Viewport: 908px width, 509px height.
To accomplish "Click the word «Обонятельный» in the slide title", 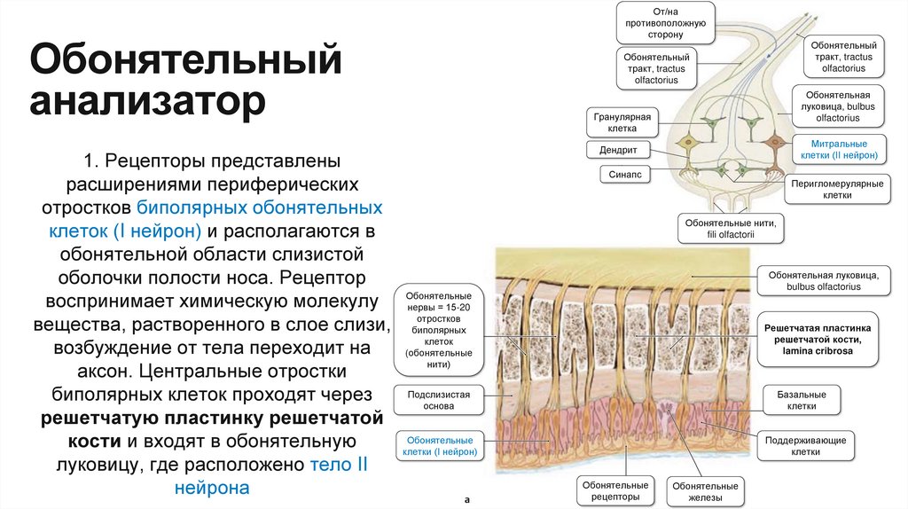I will pyautogui.click(x=185, y=61).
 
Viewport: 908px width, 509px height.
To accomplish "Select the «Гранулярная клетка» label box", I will pyautogui.click(x=622, y=122).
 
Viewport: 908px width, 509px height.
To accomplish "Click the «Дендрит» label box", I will pyautogui.click(x=624, y=150).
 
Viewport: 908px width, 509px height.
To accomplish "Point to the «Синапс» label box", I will pyautogui.click(x=624, y=175).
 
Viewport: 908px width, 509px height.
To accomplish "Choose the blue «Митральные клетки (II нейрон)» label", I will pyautogui.click(x=839, y=149).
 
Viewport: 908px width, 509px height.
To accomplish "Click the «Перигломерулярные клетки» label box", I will pyautogui.click(x=837, y=189).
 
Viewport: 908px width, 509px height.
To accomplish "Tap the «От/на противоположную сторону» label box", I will pyautogui.click(x=664, y=22).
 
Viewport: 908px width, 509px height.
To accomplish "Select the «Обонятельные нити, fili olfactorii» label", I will pyautogui.click(x=730, y=228).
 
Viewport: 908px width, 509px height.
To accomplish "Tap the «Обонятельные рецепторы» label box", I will pyautogui.click(x=616, y=491).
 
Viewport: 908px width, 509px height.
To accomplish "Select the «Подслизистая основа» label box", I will pyautogui.click(x=439, y=400).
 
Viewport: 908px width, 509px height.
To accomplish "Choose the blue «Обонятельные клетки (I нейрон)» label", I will pyautogui.click(x=440, y=445).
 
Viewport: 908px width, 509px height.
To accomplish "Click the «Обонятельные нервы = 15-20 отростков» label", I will pyautogui.click(x=438, y=329).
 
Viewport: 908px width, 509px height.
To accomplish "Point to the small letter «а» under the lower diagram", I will pyautogui.click(x=466, y=499).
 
